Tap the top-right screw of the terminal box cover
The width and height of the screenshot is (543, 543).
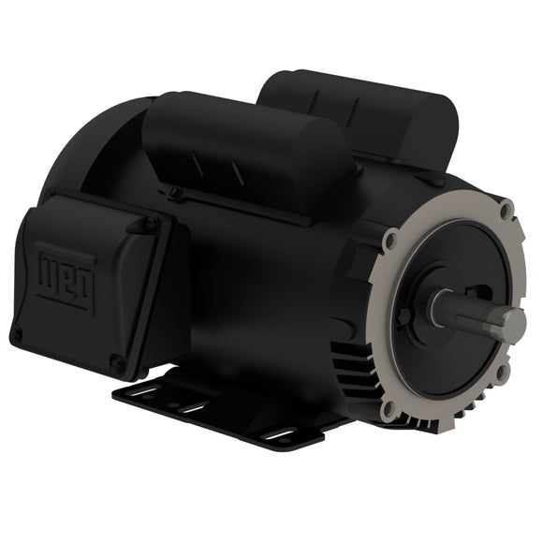click(x=148, y=225)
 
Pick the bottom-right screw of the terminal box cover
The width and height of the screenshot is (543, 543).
click(x=116, y=361)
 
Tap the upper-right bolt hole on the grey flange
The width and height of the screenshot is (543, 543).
click(x=506, y=208)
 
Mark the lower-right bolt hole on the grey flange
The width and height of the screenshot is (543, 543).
click(x=503, y=372)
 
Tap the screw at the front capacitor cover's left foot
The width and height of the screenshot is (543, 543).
click(x=174, y=193)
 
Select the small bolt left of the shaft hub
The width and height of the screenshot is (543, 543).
click(x=404, y=316)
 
